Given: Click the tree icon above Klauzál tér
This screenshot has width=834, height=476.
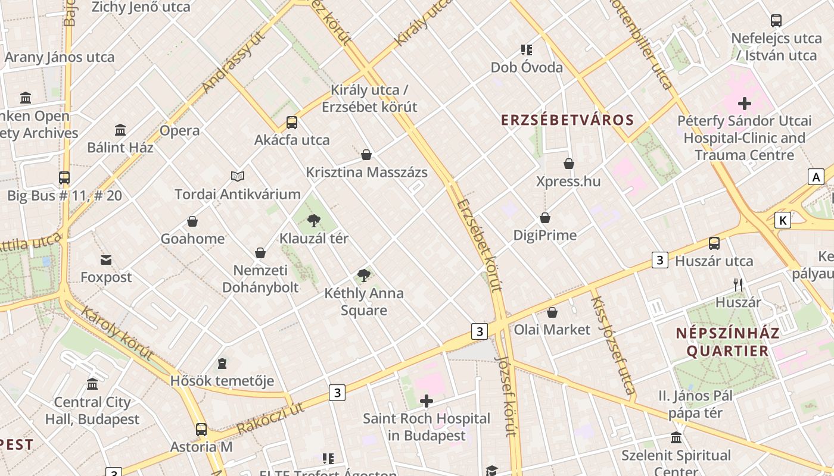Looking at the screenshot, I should pyautogui.click(x=314, y=221).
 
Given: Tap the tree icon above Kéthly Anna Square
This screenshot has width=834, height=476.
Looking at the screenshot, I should pyautogui.click(x=363, y=275).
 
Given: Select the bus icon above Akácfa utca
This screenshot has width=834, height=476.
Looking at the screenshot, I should pyautogui.click(x=291, y=123).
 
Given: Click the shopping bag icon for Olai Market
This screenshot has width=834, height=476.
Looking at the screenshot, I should pyautogui.click(x=552, y=312).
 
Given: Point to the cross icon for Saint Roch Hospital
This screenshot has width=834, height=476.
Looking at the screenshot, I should pyautogui.click(x=427, y=401).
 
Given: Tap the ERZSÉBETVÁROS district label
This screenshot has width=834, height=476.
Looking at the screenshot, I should pyautogui.click(x=567, y=120).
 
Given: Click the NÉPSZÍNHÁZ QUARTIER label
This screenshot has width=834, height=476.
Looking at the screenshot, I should pyautogui.click(x=727, y=342).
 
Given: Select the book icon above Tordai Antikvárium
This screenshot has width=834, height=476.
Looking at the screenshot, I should pyautogui.click(x=238, y=176).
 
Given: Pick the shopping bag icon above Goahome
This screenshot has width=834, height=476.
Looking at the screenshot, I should pyautogui.click(x=192, y=221).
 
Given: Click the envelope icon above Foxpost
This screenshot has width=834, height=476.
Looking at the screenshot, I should pyautogui.click(x=106, y=260).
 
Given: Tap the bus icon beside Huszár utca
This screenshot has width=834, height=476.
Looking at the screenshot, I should pyautogui.click(x=714, y=243).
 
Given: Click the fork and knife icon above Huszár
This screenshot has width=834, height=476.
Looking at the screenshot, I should pyautogui.click(x=738, y=285).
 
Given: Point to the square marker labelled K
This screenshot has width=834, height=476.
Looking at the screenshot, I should pyautogui.click(x=783, y=220).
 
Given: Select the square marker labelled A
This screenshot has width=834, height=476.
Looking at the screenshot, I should pyautogui.click(x=816, y=177).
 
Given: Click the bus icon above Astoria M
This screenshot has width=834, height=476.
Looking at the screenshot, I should pyautogui.click(x=201, y=429).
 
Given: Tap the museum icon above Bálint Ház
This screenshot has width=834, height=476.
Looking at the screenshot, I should pyautogui.click(x=120, y=130).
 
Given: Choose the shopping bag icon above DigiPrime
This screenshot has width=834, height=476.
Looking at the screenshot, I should pyautogui.click(x=545, y=218).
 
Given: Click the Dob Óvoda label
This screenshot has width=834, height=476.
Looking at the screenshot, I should pyautogui.click(x=527, y=67).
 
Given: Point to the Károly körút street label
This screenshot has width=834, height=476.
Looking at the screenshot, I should pyautogui.click(x=117, y=333).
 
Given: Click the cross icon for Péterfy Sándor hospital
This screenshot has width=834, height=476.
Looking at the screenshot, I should pyautogui.click(x=744, y=104).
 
